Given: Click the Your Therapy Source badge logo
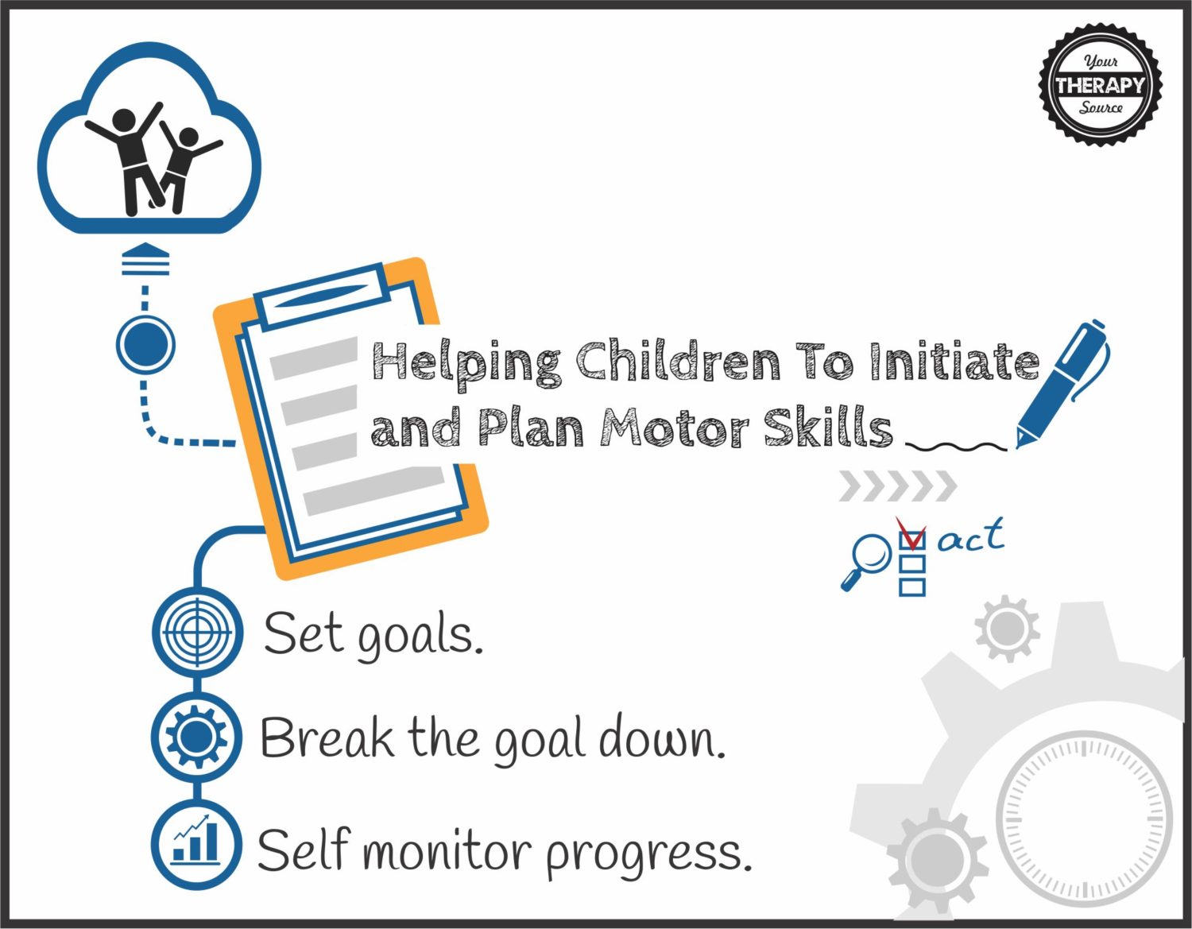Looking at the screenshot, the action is click(1101, 85).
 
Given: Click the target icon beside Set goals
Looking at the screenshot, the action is click(197, 633).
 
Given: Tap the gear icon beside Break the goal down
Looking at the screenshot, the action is click(196, 737).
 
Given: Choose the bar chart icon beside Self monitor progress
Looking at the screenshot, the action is click(196, 845).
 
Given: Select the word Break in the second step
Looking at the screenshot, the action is click(327, 737).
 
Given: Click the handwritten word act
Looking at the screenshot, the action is click(972, 536).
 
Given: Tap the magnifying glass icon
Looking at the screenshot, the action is click(865, 561).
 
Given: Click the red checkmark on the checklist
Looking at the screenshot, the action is click(911, 532).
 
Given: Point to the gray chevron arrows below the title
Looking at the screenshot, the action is click(898, 486).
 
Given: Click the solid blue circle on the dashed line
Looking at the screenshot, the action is click(145, 344).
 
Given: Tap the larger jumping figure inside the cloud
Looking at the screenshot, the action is click(129, 159).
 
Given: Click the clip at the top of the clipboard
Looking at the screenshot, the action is click(320, 296).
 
